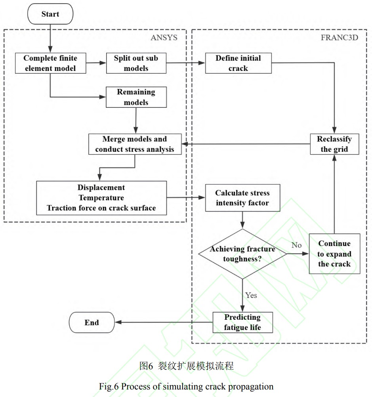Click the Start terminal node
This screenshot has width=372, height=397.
click(x=51, y=14)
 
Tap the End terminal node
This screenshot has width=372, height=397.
click(x=92, y=323)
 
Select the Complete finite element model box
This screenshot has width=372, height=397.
click(x=50, y=63)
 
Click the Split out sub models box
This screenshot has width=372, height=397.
click(x=136, y=63)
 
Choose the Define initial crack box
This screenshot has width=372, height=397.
click(x=238, y=63)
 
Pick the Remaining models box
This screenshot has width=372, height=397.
click(x=136, y=97)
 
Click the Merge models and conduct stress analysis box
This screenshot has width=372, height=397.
click(x=135, y=144)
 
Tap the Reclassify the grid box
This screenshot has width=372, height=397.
click(x=334, y=144)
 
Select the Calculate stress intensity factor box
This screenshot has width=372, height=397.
click(x=242, y=198)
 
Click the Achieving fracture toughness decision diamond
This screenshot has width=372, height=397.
click(x=242, y=254)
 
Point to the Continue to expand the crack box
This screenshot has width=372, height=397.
click(x=334, y=254)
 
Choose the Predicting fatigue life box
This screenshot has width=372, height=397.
click(x=242, y=323)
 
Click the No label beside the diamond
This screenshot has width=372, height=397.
click(x=296, y=245)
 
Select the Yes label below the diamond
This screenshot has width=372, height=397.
click(x=251, y=295)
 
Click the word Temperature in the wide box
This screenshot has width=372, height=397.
click(x=101, y=197)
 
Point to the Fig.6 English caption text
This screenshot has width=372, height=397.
click(x=186, y=387)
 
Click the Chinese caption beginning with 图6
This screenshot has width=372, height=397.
click(x=186, y=366)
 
